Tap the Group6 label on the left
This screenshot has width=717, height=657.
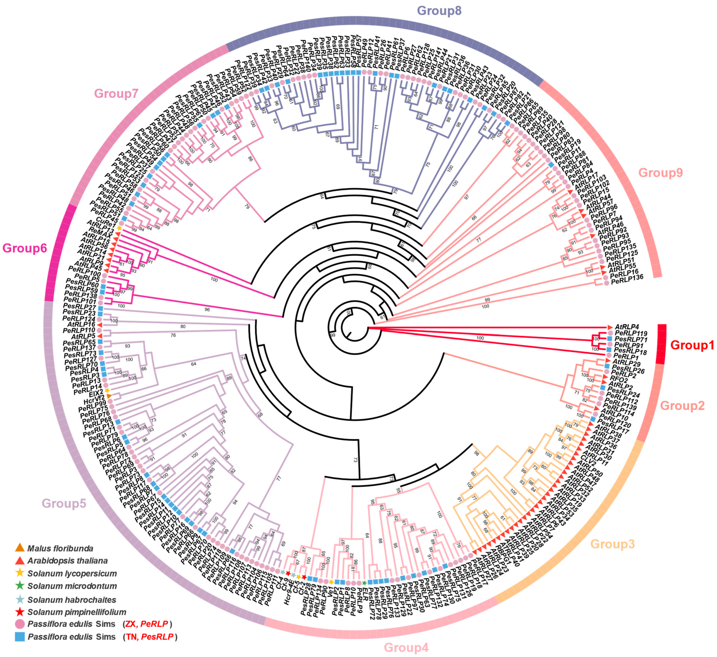point(25,248)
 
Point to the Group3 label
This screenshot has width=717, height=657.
point(612,544)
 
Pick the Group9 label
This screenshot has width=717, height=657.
point(660,173)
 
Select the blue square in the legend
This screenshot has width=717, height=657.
point(20,637)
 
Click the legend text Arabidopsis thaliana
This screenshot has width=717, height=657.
point(68,561)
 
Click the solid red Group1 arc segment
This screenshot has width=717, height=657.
point(662,344)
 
